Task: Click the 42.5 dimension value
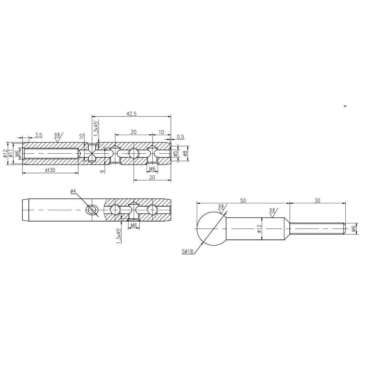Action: [x=131, y=114]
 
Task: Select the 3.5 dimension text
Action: [x=38, y=135]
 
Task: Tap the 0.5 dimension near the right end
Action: [x=180, y=137]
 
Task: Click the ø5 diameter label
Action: [x=176, y=154]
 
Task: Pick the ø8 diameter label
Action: [x=185, y=154]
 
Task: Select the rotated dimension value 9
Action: [x=103, y=170]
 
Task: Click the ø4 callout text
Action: [x=73, y=191]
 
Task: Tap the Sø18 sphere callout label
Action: [x=187, y=251]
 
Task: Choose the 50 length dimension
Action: [x=243, y=201]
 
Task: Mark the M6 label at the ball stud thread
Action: [x=353, y=229]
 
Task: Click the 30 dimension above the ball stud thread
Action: [x=317, y=201]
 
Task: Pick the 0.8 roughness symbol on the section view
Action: [x=58, y=137]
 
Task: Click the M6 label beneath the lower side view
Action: [x=134, y=226]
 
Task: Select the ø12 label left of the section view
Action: [x=5, y=154]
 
